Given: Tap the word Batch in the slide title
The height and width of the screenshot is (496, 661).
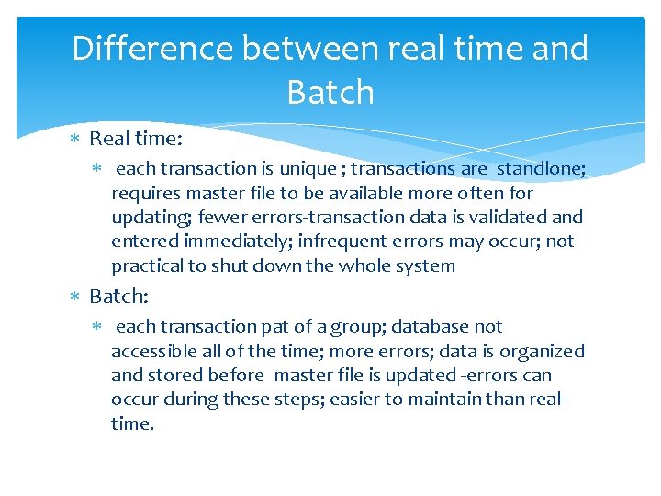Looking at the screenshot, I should click(330, 92).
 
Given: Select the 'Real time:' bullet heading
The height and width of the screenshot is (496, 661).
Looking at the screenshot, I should click(136, 139).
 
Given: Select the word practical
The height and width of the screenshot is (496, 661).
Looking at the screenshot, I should click(147, 266).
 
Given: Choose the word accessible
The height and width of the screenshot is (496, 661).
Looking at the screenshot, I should click(151, 351).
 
